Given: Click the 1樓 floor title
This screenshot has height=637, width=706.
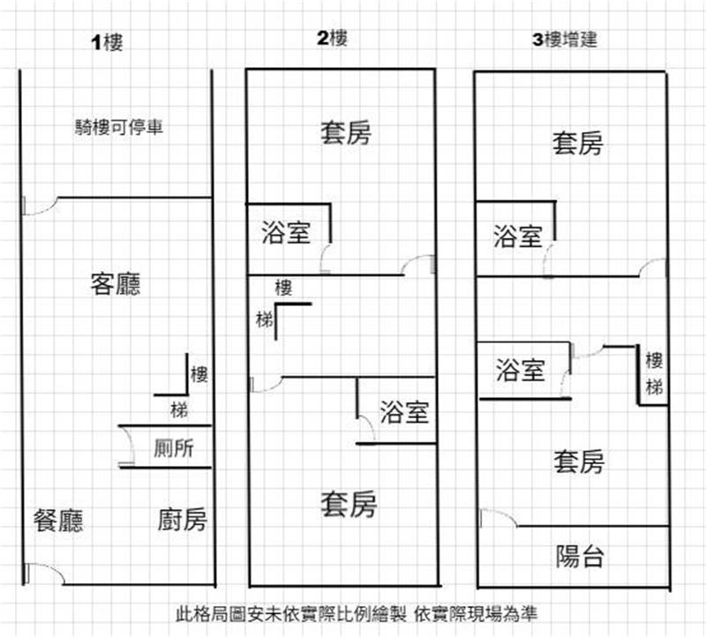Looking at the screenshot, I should [108, 43].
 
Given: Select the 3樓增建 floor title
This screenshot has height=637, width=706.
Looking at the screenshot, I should [567, 40].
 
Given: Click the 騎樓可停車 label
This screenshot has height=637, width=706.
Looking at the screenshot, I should [118, 127].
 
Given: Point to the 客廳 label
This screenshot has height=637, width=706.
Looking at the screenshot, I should [116, 284].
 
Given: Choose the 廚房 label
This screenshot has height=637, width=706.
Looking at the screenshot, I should [183, 520].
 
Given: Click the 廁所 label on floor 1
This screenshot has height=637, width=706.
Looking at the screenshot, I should [173, 448].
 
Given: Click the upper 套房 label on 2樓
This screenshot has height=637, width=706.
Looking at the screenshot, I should [345, 133].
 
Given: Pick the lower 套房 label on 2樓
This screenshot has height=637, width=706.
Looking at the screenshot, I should [348, 505].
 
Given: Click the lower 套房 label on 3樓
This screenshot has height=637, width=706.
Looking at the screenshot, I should [579, 461].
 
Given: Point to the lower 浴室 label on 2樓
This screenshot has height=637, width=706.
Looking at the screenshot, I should [405, 411].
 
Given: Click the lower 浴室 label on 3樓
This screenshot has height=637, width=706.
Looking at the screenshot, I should [520, 371].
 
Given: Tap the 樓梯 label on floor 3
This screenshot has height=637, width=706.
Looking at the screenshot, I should [654, 373].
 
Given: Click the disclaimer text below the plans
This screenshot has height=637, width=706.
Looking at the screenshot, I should [357, 612].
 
